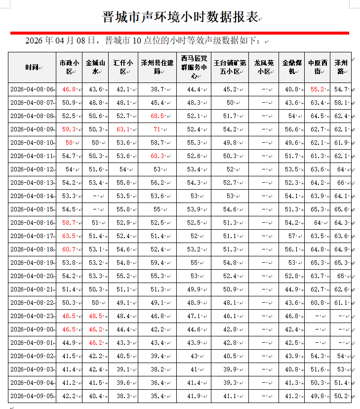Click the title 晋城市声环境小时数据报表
click(x=180, y=17)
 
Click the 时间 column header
click(x=32, y=67)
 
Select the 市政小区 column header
click(x=69, y=67)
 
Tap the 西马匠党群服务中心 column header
click(x=194, y=67)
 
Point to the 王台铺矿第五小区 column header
click(x=230, y=67)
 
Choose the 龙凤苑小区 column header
click(x=263, y=67)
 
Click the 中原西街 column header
click(x=317, y=67)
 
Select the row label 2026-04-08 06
click(x=32, y=89)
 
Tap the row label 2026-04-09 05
click(x=32, y=396)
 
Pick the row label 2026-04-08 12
click(x=32, y=169)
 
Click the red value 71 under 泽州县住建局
click(x=157, y=129)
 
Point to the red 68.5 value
click(x=157, y=116)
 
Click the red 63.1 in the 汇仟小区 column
click(x=123, y=129)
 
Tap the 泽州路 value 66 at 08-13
click(x=340, y=183)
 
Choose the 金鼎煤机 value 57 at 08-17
click(x=291, y=236)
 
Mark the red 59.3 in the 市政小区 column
click(x=69, y=129)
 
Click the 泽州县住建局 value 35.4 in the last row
click(x=157, y=396)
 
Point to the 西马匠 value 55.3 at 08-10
click(x=194, y=143)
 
